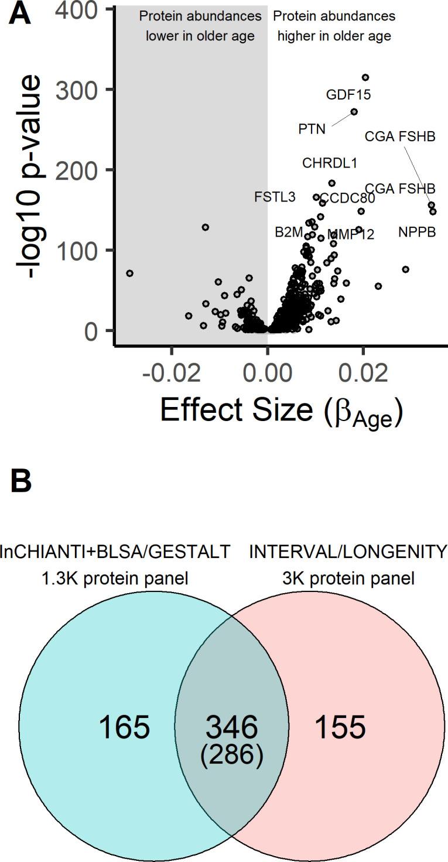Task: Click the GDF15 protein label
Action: [x=348, y=94]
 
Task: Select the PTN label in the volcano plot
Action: [x=312, y=129]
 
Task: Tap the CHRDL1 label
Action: [x=330, y=163]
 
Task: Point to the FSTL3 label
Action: [x=275, y=197]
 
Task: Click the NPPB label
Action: [x=417, y=232]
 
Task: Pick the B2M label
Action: [x=289, y=232]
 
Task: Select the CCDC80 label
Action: [x=347, y=197]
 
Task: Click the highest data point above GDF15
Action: [x=365, y=77]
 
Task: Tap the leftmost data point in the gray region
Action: [x=129, y=273]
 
